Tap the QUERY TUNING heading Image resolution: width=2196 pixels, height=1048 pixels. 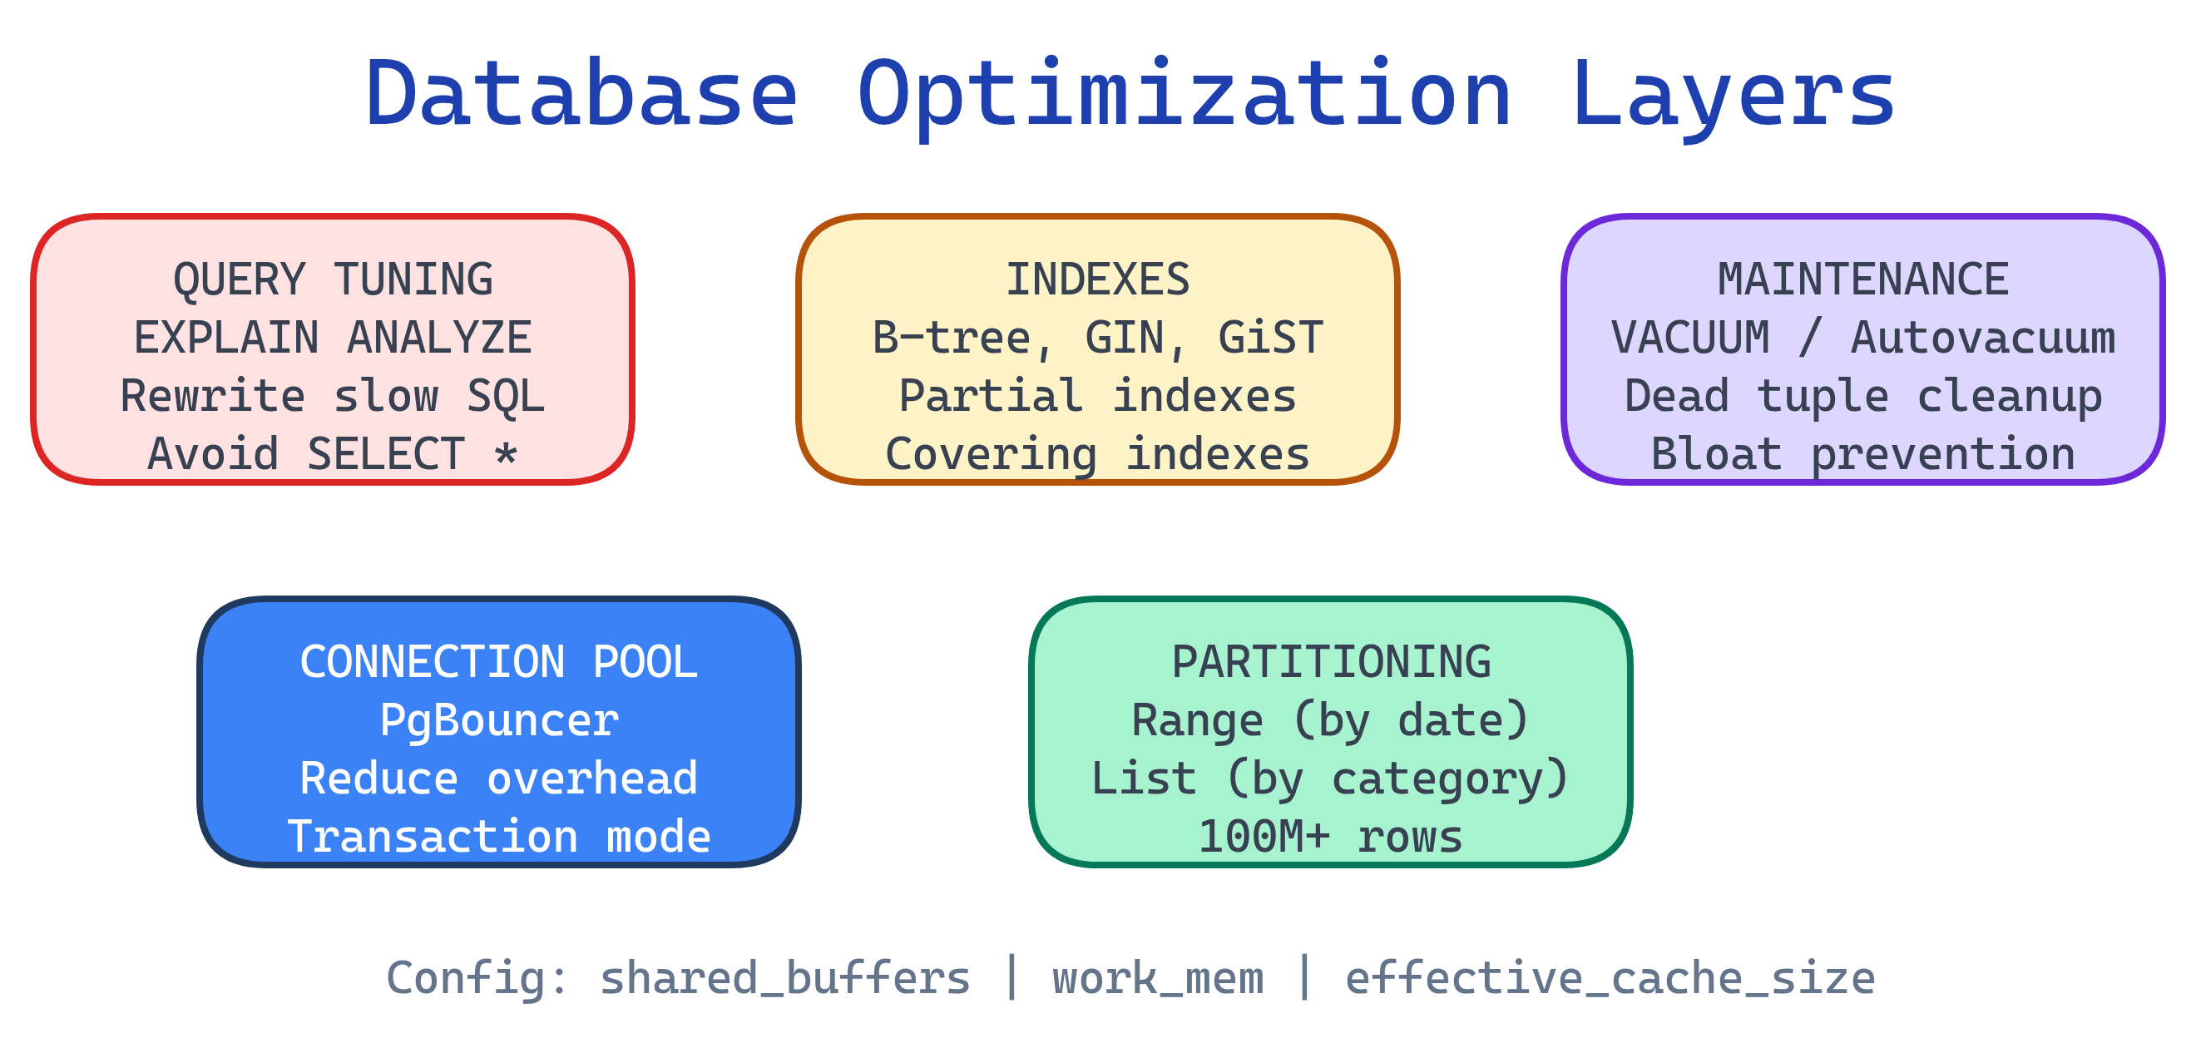(x=333, y=279)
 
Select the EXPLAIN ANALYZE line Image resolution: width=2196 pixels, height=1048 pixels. (x=333, y=338)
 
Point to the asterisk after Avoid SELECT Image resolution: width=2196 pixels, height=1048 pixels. (x=506, y=452)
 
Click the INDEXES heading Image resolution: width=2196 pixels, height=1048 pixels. (x=1098, y=279)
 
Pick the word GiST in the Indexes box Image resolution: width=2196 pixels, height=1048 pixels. (x=1270, y=338)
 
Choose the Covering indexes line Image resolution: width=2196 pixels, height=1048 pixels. (x=1098, y=453)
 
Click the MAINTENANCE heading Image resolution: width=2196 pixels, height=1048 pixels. (x=1863, y=279)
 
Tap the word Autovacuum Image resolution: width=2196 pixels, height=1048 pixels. (x=1983, y=338)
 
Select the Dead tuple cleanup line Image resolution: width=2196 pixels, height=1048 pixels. (x=1863, y=396)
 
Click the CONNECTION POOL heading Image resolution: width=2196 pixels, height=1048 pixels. (x=499, y=662)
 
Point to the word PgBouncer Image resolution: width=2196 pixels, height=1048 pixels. (x=499, y=720)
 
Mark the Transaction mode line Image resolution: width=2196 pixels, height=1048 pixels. (x=499, y=837)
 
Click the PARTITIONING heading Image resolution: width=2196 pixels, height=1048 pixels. (x=1332, y=662)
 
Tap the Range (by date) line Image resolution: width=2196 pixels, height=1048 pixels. (x=1332, y=720)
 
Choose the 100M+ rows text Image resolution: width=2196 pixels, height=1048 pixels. (x=1332, y=837)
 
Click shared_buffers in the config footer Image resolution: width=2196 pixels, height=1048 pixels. (x=785, y=978)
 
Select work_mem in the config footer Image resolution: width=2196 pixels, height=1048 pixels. (x=1158, y=978)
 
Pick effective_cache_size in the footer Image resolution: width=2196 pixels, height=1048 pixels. (x=1610, y=978)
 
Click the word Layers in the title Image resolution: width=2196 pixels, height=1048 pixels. (x=1734, y=94)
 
